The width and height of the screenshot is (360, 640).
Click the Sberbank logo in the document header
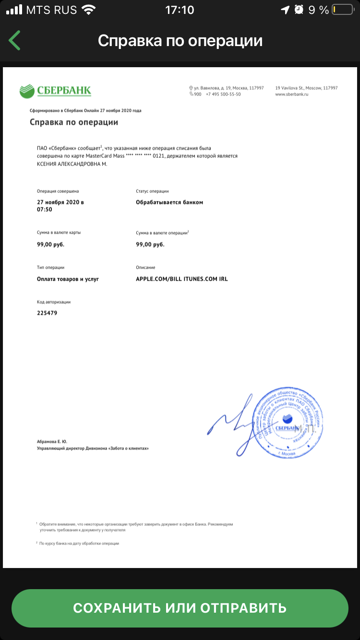55,90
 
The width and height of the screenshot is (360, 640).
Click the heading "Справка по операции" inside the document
74,122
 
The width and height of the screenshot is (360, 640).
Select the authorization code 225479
47,313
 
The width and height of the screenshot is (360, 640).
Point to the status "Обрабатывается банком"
169,202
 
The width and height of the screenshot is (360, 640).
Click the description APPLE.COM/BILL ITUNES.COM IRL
182,279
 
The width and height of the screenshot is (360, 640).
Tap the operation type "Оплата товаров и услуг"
68,279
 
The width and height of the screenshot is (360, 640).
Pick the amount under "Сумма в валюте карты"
50,244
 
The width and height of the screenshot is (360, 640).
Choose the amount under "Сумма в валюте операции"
150,244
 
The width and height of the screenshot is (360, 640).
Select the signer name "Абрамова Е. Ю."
52,441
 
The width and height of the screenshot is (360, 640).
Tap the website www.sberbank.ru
291,95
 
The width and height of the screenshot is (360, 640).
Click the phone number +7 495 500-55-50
223,95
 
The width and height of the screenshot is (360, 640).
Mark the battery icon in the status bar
341,10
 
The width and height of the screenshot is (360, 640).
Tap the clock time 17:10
180,10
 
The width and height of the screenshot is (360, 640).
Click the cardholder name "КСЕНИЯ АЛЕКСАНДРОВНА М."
72,164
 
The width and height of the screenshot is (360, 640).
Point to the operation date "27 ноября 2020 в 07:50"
60,205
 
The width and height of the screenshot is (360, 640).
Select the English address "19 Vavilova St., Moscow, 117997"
306,88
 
